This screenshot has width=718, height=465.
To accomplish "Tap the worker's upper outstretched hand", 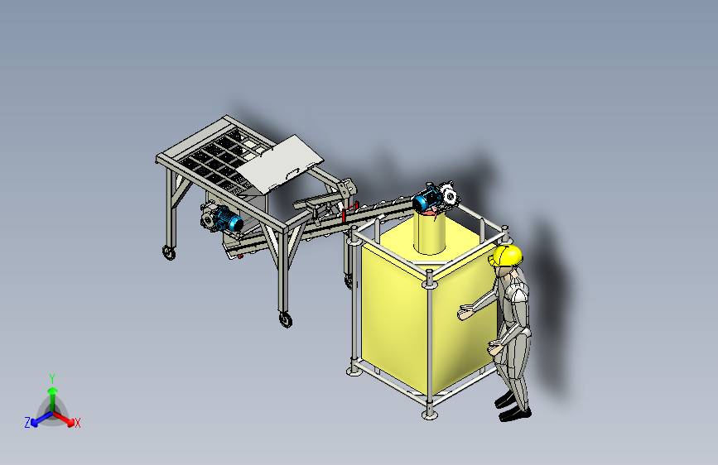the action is coord(465,311).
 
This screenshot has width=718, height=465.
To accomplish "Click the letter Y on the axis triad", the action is coord(52,378).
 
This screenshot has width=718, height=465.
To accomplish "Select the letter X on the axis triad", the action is coord(77,424).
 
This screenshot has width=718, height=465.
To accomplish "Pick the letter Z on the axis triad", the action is coord(27,423).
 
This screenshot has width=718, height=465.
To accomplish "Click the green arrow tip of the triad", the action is coord(53,391).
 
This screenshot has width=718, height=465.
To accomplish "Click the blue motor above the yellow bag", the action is coord(427,199).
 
